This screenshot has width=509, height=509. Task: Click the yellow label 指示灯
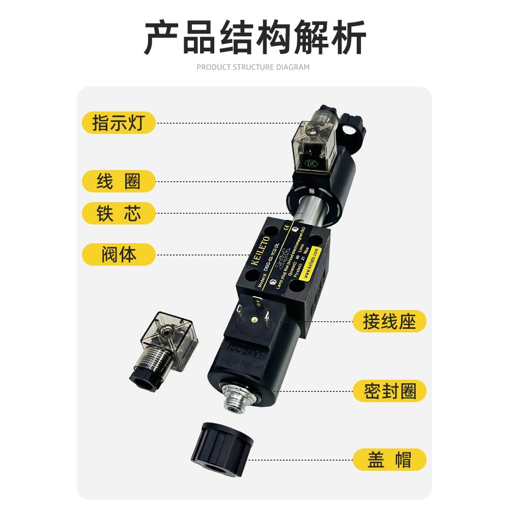(x=118, y=123)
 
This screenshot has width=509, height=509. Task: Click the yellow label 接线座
(x=389, y=322)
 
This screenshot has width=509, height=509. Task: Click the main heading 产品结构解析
(x=254, y=38)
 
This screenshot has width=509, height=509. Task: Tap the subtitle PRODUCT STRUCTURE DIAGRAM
(x=253, y=67)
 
